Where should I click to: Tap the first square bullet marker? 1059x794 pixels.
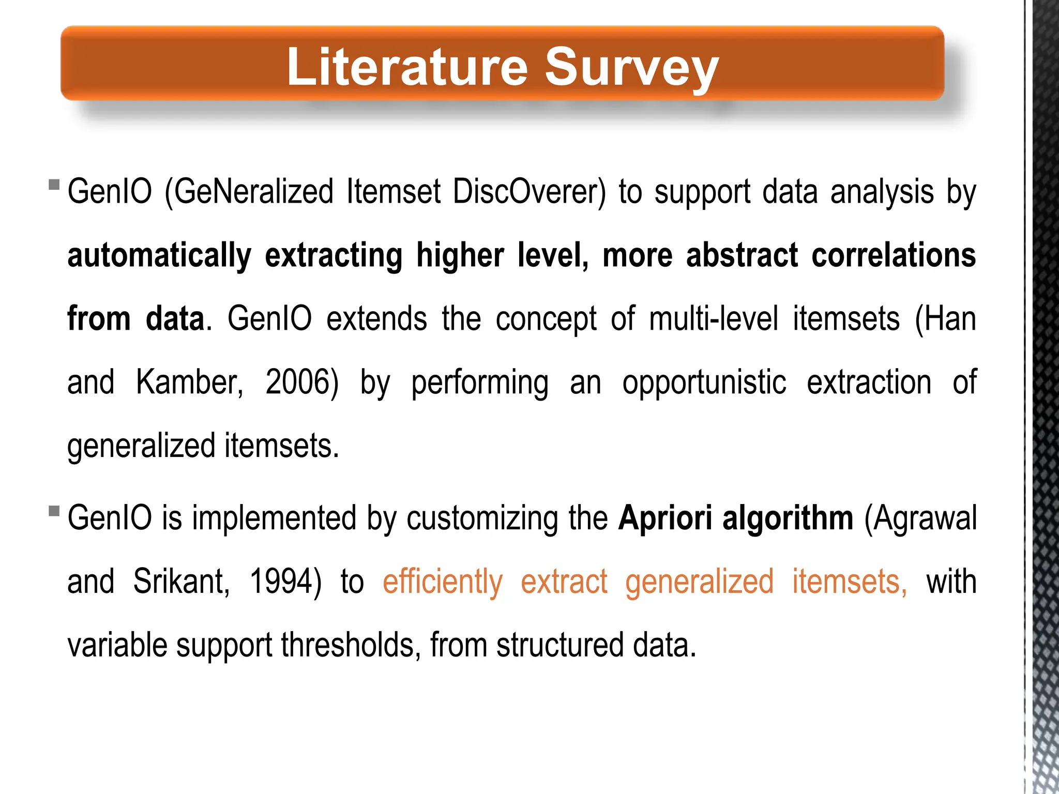pos(54,185)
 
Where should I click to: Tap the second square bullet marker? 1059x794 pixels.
pos(54,511)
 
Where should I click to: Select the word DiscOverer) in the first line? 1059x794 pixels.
pos(529,192)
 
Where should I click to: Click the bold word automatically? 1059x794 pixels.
pos(159,255)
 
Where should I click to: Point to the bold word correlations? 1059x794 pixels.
pos(894,255)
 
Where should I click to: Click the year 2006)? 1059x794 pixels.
pos(302,383)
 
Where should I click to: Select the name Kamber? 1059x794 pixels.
pos(189,383)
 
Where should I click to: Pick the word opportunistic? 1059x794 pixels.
pos(704,383)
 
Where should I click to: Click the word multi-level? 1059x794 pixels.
pos(713,319)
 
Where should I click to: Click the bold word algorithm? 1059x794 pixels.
pos(788,518)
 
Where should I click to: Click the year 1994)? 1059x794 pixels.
pos(285,582)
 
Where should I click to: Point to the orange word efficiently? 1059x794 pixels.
pos(443,582)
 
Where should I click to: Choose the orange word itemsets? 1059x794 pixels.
pos(850,582)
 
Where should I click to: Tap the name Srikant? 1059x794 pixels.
pos(181,582)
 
